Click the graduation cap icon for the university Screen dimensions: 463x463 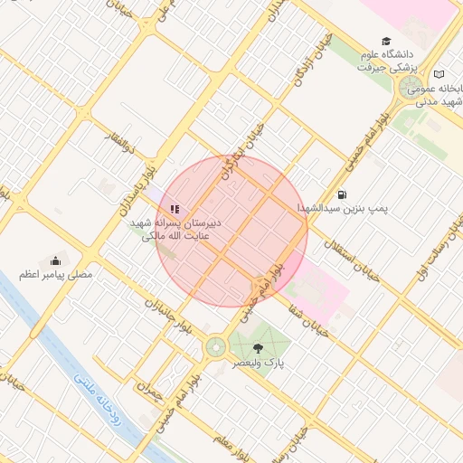(x=387, y=42)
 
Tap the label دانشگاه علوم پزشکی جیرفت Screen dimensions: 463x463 (x=386, y=61)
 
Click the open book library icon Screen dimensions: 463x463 (x=439, y=73)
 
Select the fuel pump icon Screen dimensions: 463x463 (x=341, y=194)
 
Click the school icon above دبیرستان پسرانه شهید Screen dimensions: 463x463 (x=175, y=209)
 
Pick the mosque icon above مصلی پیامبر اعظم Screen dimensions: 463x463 (x=56, y=260)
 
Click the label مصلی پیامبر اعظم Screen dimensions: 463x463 (x=56, y=275)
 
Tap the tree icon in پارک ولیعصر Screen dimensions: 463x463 (x=259, y=346)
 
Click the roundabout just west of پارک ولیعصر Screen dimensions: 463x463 (x=215, y=346)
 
